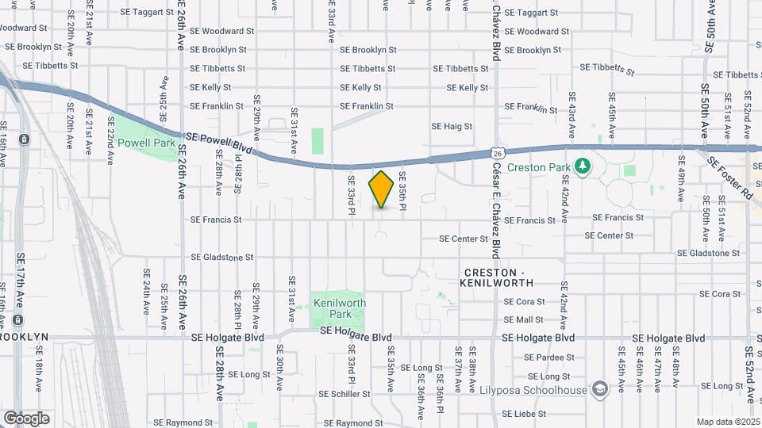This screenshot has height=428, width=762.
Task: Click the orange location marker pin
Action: coord(382,189)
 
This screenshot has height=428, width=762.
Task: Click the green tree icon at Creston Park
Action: coord(583,166)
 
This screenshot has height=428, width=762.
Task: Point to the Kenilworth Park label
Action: coord(339,308)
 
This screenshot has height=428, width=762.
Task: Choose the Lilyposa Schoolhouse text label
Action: coord(533,390)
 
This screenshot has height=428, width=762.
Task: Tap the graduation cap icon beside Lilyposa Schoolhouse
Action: coord(601,389)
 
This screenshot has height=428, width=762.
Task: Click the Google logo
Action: coord(26,418)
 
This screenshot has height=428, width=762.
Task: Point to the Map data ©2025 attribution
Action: coord(728,422)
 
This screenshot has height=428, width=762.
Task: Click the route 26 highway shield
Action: coord(498,151)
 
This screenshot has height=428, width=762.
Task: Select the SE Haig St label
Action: coord(452,126)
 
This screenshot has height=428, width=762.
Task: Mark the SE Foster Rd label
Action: coord(729,177)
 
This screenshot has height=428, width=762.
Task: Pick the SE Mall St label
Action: coord(524,320)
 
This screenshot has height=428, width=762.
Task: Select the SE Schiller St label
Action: coord(344,394)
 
